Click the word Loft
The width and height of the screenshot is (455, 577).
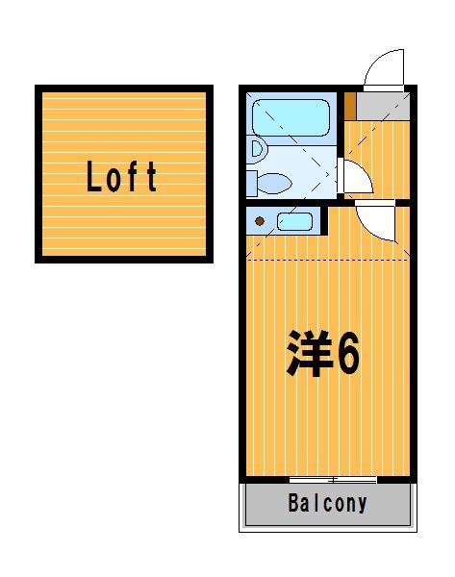tap(121, 176)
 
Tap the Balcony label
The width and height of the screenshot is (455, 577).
tap(327, 503)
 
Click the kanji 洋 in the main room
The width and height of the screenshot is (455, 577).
tap(310, 353)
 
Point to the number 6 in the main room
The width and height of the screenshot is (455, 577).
tap(348, 354)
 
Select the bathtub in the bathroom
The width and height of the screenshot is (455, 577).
tap(291, 117)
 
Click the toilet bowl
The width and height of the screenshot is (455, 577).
tap(274, 184)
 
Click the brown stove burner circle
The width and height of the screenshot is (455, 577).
tap(260, 221)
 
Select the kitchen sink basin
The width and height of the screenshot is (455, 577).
tap(295, 222)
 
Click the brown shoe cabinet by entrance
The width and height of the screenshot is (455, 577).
tap(350, 106)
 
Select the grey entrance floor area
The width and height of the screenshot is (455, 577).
tap(383, 106)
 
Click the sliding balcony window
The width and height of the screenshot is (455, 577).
tap(333, 480)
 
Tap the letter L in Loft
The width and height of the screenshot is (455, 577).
tap(93, 177)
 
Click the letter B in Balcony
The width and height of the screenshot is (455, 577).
tap(293, 503)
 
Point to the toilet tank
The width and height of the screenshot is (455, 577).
tap(252, 184)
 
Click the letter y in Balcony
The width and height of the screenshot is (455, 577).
tap(362, 506)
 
